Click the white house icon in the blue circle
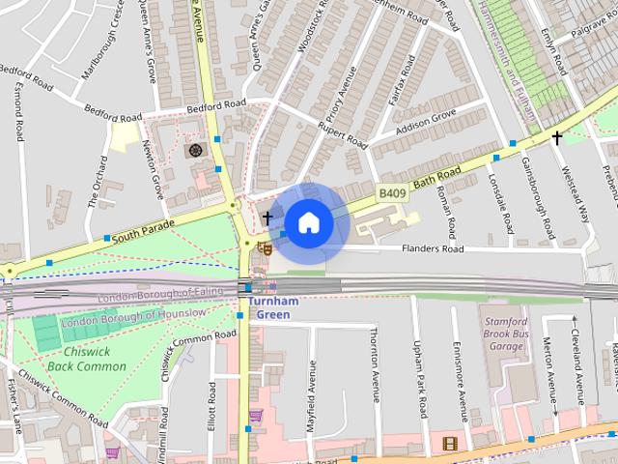[x=308, y=223]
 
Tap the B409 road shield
[x=392, y=194]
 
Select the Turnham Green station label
[x=273, y=308]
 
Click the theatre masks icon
[x=264, y=248]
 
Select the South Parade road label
[x=143, y=230]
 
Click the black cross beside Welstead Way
[x=556, y=138]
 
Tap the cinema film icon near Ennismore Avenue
[x=449, y=444]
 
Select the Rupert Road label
[x=344, y=133]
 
